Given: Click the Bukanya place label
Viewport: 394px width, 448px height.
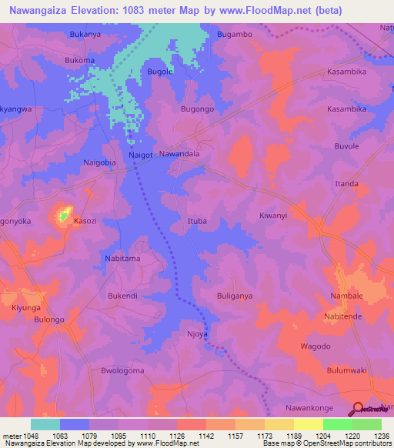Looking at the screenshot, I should click(x=85, y=35).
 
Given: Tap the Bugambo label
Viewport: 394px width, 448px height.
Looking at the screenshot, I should click(x=235, y=35).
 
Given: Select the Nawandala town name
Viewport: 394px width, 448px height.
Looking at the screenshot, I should click(x=179, y=154).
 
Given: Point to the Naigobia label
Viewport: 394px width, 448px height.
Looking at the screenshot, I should click(x=99, y=162).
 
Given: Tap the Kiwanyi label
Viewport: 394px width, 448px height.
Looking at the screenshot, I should click(x=273, y=216).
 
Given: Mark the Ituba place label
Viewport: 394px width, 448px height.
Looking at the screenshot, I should click(x=197, y=221).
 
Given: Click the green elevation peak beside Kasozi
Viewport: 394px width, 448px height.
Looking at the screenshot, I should click(x=63, y=216).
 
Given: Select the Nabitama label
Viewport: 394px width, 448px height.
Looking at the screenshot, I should click(x=122, y=259).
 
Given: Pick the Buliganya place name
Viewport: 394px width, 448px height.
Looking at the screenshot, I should click(x=235, y=295).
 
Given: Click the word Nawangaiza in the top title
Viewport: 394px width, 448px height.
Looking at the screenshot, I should click(x=45, y=11).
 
